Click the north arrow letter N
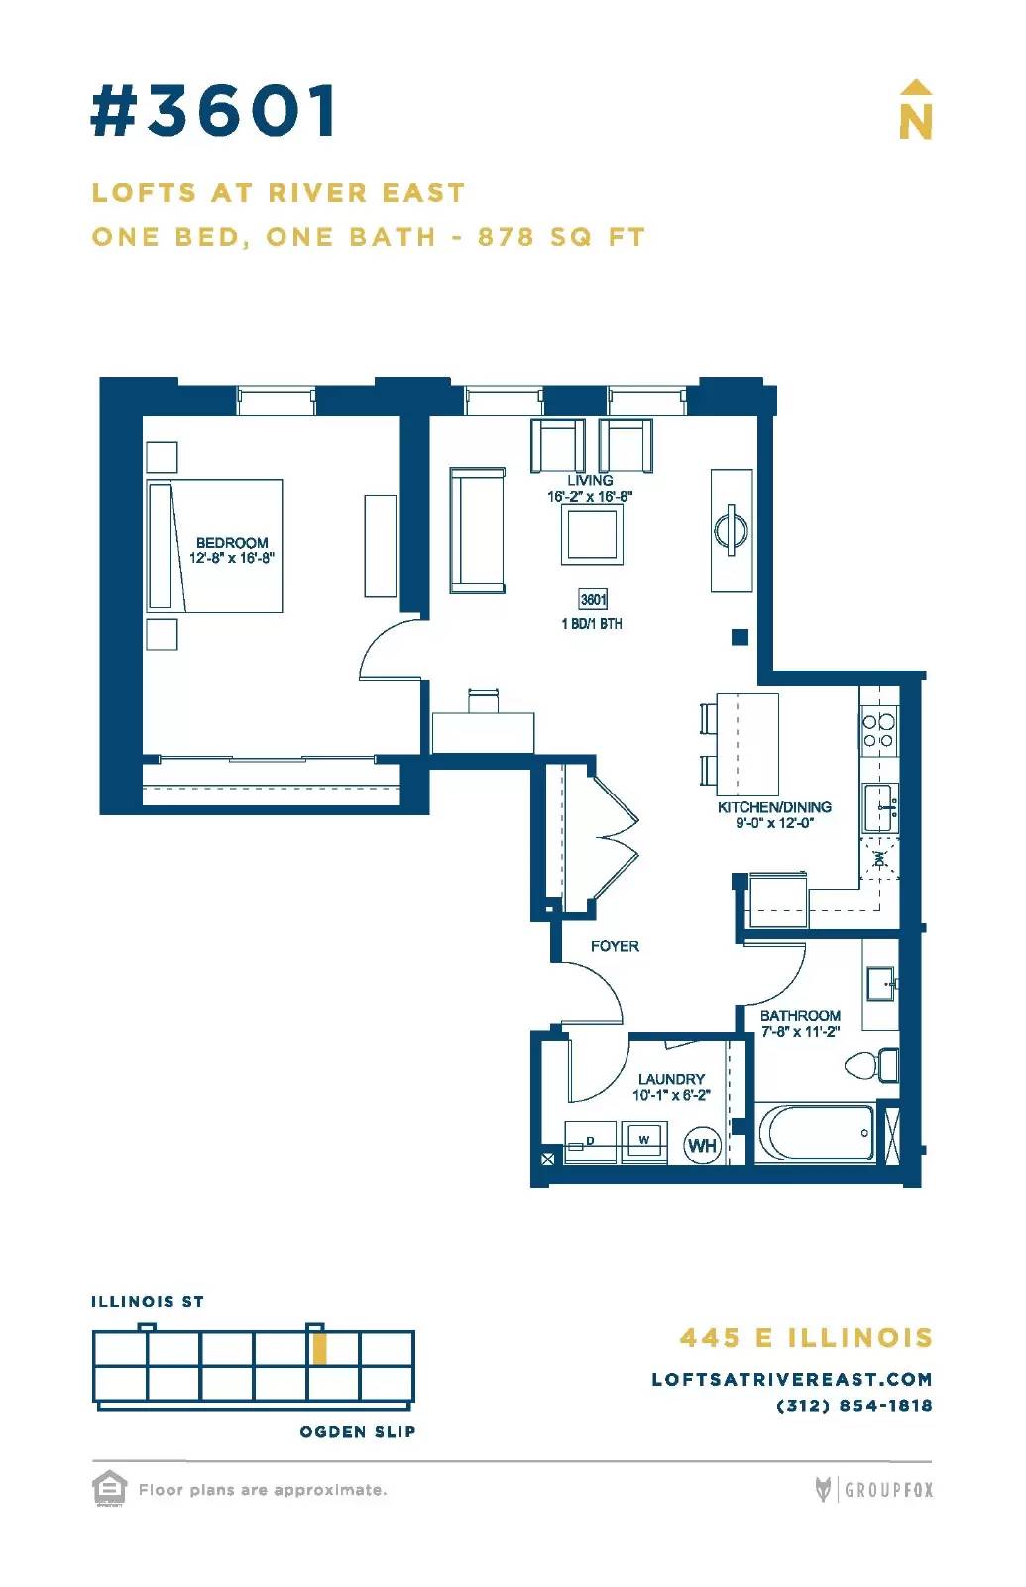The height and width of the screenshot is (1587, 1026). point(915,123)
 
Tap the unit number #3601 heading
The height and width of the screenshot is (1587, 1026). point(214,110)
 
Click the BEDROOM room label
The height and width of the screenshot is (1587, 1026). point(232,543)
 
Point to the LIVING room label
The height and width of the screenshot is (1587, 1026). point(590,480)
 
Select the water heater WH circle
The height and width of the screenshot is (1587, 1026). point(702,1145)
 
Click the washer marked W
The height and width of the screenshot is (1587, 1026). point(643,1142)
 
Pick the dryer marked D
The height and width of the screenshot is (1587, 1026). point(590,1142)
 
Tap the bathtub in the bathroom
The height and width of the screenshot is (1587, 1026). point(817,1133)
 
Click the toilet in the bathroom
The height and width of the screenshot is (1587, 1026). point(871,1065)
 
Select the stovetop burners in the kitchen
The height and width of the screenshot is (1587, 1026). point(878,731)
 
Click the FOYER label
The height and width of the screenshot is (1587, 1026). point(615,946)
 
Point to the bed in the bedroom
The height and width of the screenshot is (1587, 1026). point(214,546)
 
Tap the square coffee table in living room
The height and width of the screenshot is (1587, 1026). point(593,535)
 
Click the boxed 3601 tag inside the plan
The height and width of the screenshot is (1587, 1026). point(594,599)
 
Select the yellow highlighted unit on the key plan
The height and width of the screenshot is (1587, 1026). point(319,1348)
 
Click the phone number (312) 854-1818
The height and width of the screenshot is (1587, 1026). point(854,1406)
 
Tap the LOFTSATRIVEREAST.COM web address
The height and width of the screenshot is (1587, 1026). point(792,1380)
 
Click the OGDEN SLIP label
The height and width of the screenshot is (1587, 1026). point(358,1432)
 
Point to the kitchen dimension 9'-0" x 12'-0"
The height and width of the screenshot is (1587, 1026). point(774,823)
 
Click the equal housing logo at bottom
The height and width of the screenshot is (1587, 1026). point(110,1489)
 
